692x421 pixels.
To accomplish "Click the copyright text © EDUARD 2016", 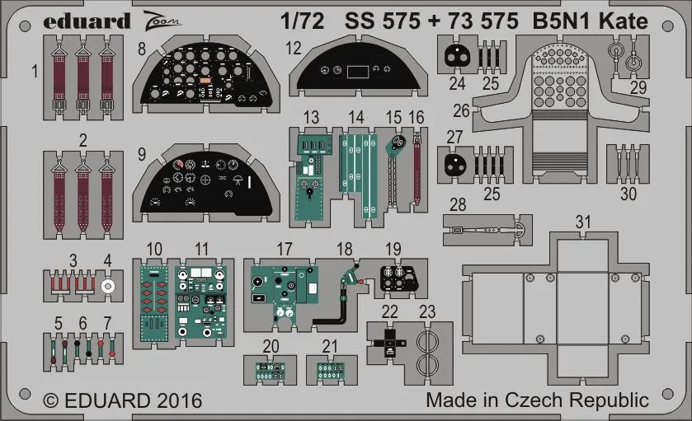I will tap(121, 401).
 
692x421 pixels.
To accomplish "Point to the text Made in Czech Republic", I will tap(537, 401).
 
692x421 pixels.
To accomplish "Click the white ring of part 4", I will tap(107, 286).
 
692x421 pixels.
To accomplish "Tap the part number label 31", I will tap(583, 223).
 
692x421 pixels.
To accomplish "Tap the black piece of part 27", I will tap(454, 164).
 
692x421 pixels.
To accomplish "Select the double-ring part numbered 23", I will tap(427, 352).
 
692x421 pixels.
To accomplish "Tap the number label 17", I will tap(285, 248).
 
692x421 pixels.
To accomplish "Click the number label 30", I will tap(628, 194).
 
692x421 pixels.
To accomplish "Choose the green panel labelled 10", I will tap(153, 303).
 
